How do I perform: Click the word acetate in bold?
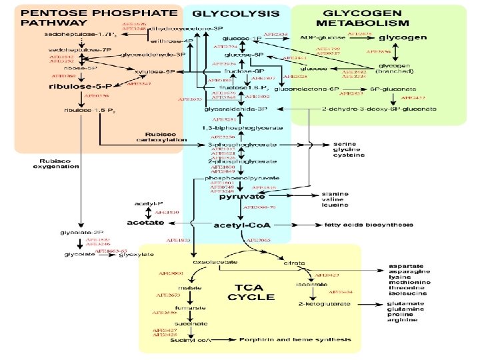[x=145, y=222]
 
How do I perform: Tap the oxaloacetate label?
[x=211, y=263]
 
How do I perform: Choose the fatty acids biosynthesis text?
[x=369, y=225]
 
